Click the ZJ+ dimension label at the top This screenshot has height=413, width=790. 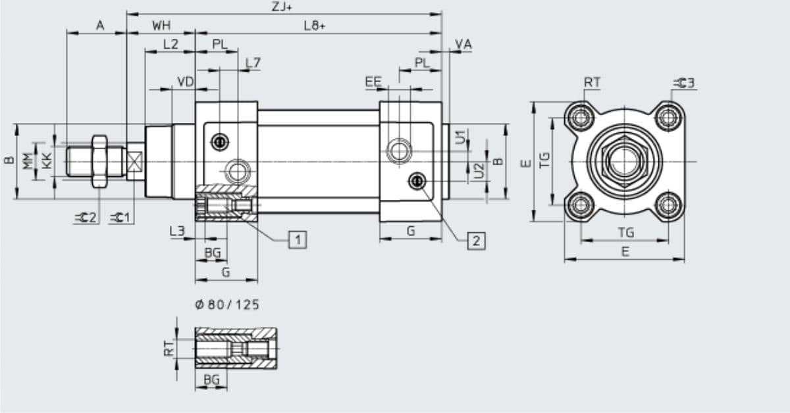pos(283,6)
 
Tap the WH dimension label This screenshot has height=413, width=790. pos(161,26)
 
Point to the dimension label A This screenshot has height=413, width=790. pos(100,26)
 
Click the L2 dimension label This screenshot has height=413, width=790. pos(170,45)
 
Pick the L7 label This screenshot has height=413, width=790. pos(253,63)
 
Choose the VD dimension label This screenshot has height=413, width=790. pos(186,82)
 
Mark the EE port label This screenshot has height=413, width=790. pos(373,82)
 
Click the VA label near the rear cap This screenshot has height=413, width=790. pos(463,45)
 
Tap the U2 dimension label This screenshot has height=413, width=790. pos(479,170)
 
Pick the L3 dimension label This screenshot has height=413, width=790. pos(177,231)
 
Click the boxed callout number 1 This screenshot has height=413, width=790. pos(298,239)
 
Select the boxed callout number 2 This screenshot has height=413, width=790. pos(476,241)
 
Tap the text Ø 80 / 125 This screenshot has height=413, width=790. pos(227,304)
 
